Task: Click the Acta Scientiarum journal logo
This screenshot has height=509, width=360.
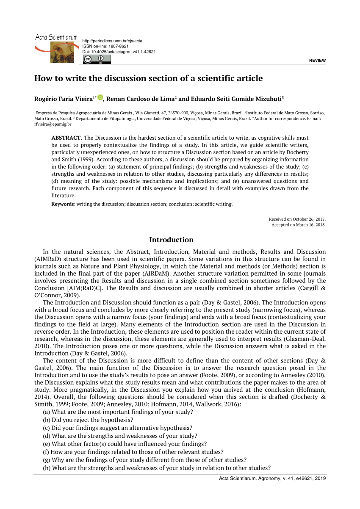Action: tap(56, 48)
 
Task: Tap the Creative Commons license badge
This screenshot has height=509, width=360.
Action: tap(97, 60)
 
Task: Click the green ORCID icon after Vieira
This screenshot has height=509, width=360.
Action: tap(100, 97)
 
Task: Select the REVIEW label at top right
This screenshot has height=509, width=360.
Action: tap(317, 61)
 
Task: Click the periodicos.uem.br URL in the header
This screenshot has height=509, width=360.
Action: tap(112, 41)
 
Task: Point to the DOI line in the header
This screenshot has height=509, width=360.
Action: tap(119, 52)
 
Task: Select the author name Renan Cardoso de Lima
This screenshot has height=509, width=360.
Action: tap(140, 99)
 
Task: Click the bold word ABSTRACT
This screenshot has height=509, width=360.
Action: tap(66, 138)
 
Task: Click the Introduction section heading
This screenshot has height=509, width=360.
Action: tap(171, 240)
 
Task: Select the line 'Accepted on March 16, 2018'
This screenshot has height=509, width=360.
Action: tap(299, 225)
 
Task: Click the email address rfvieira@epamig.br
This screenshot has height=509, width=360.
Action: tap(53, 124)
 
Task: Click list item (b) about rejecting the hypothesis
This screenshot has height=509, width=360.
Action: tap(88, 420)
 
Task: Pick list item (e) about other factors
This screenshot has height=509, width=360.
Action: tap(125, 444)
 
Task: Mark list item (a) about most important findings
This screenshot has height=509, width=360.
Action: tap(118, 412)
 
